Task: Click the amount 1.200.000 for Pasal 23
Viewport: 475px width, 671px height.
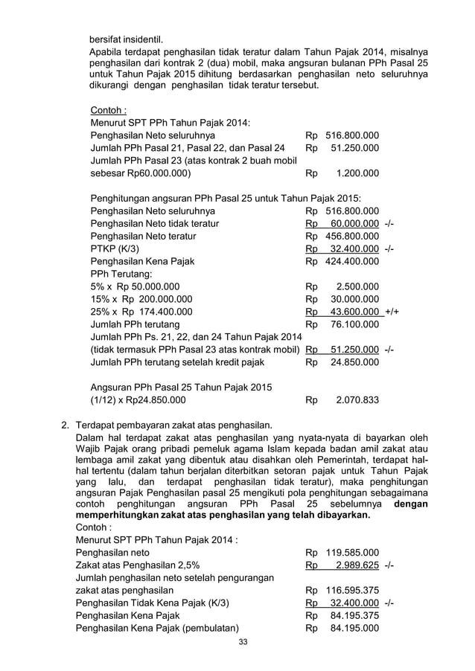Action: (357, 173)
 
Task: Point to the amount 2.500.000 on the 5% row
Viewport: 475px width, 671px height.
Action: (357, 286)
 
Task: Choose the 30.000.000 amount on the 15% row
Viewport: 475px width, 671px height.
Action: (354, 299)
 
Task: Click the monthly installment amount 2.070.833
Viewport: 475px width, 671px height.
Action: (357, 399)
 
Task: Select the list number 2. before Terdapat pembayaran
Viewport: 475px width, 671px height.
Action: (66, 426)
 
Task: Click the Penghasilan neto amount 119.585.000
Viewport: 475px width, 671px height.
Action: (352, 553)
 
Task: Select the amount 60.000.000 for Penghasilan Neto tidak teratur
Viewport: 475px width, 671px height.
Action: (354, 223)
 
